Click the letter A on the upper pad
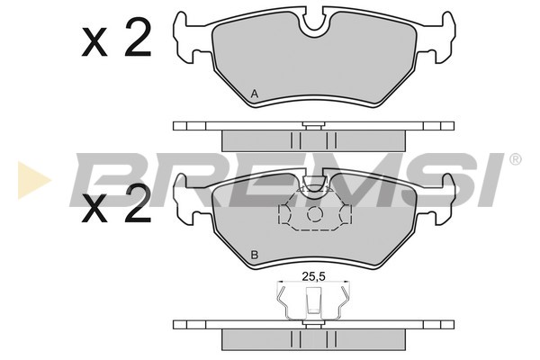point(254,94)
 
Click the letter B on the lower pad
point(255,256)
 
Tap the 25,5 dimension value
point(314,275)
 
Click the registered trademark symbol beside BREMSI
point(515,159)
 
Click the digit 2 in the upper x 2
point(138,37)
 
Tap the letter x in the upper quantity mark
point(94,43)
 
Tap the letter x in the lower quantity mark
point(94,209)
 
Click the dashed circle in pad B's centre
point(314,214)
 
